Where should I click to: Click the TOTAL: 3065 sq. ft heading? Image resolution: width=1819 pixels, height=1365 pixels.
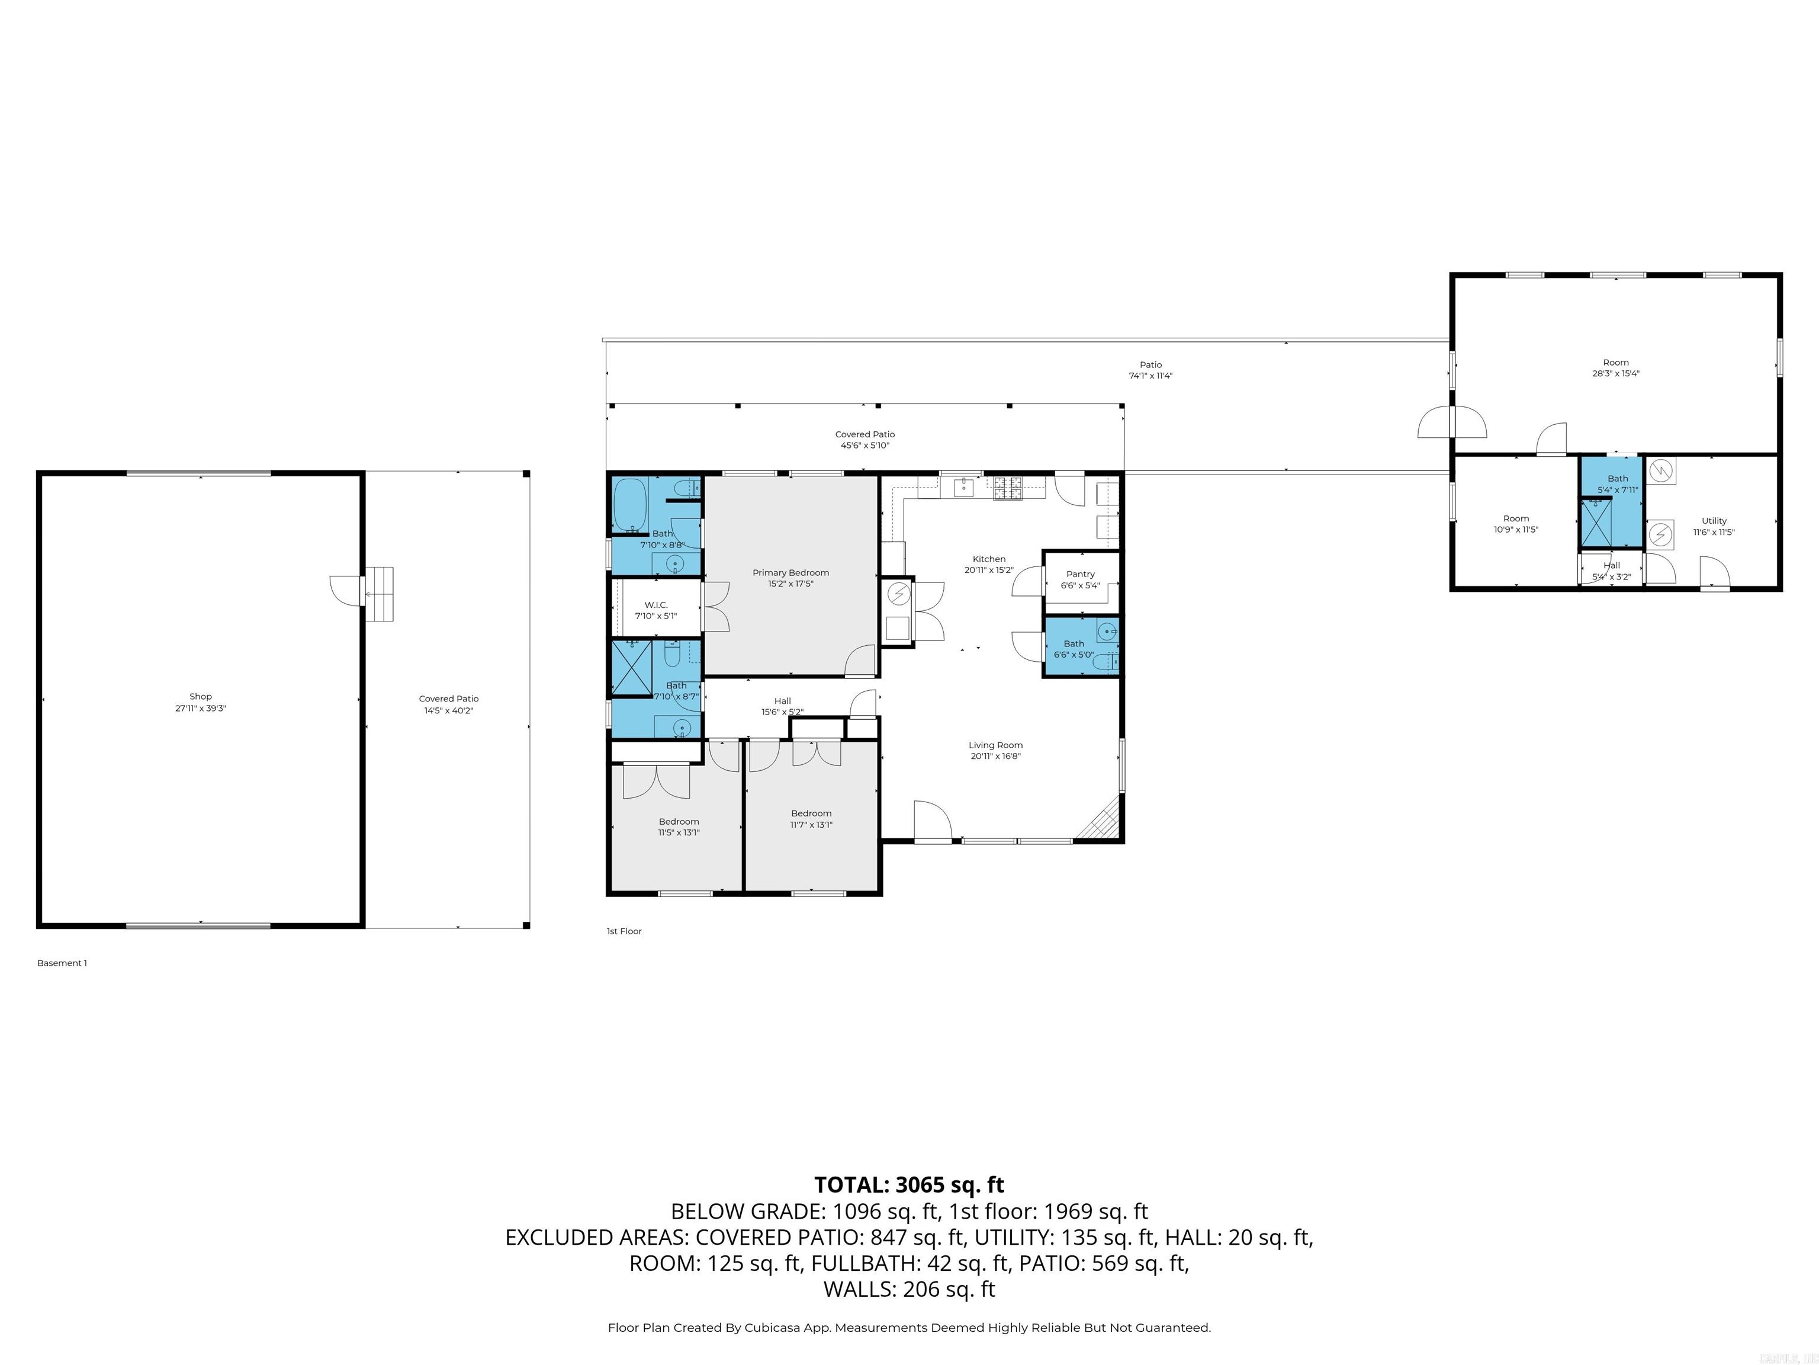(x=909, y=1185)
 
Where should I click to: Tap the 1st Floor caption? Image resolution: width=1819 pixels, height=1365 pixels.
(x=624, y=931)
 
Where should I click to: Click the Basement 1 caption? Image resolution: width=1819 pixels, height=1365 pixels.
(x=62, y=963)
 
